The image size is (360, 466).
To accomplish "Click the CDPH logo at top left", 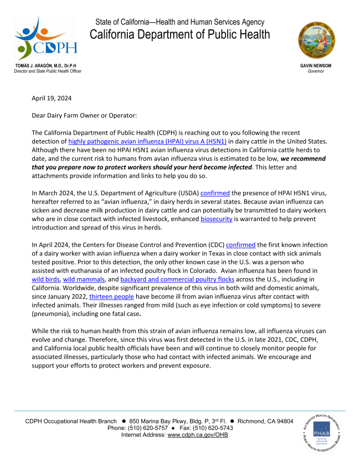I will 46,38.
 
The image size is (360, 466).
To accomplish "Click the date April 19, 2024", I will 52,98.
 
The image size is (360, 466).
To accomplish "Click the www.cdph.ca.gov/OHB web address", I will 197,435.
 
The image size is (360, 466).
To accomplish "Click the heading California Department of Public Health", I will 180,34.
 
